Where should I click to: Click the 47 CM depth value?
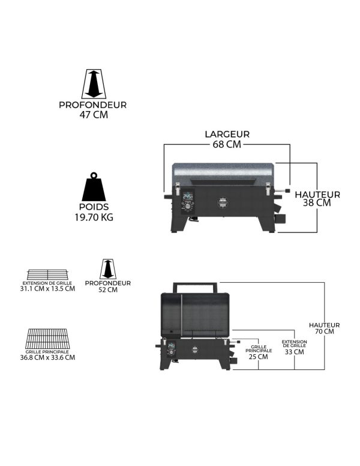tap(94, 115)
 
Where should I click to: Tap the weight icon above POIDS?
tap(94, 187)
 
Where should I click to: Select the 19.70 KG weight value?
tap(94, 217)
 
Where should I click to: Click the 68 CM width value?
tap(227, 144)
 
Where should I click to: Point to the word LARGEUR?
tap(227, 134)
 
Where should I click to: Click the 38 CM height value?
tap(317, 203)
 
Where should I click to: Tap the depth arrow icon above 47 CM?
tap(94, 84)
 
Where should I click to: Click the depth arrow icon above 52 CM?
tap(108, 269)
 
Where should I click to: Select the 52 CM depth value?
tap(108, 290)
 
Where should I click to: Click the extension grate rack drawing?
tap(47, 274)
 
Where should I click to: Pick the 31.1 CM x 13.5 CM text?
tap(47, 289)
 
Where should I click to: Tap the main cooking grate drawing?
tap(47, 339)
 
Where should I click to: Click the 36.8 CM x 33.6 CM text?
tap(47, 357)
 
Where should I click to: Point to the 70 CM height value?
tap(325, 331)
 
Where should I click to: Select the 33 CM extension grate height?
tap(295, 352)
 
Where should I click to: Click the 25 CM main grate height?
tap(259, 357)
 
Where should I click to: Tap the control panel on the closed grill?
tap(187, 202)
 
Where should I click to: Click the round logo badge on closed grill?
tap(223, 202)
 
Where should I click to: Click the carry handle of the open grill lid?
tap(196, 287)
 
